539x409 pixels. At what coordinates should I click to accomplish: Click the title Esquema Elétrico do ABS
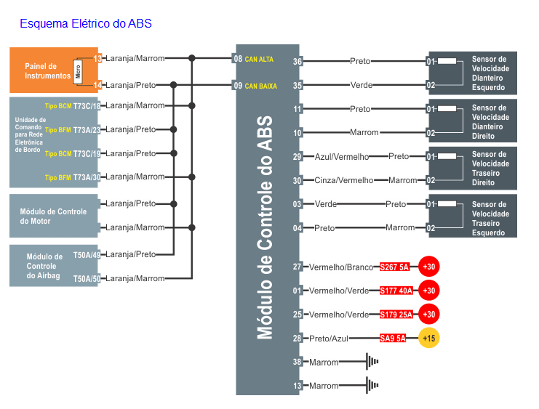86,24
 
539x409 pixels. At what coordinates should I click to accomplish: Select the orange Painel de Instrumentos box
44,70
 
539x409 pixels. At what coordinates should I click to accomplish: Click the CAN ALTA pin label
259,59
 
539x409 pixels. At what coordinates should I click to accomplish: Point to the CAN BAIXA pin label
260,86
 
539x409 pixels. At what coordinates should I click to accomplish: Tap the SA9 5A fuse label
393,338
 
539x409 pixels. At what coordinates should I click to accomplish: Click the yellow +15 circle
429,338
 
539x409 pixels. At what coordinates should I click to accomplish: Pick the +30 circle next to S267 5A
429,267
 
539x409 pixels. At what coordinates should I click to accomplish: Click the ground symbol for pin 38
372,361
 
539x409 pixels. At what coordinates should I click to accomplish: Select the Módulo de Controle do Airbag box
44,266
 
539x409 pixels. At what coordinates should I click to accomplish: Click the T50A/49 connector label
87,254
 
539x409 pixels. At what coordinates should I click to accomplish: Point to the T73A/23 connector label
87,129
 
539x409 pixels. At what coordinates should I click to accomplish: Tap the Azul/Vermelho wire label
342,156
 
